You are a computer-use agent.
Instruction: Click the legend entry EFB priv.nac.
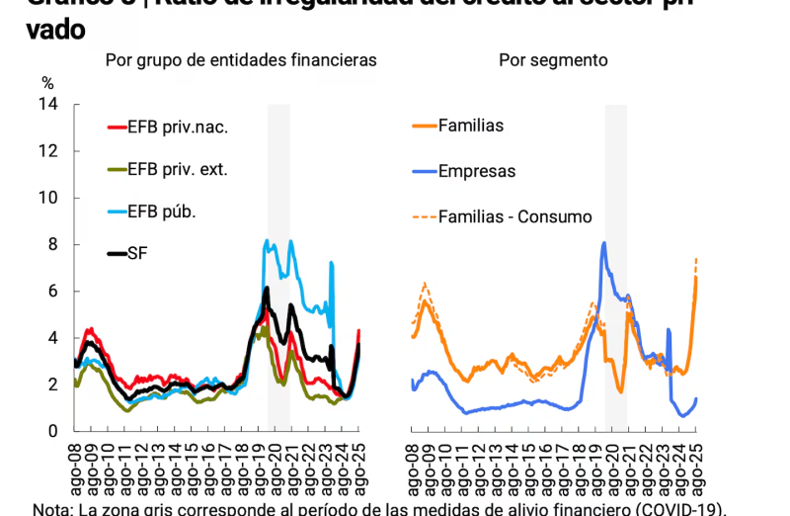click(x=178, y=127)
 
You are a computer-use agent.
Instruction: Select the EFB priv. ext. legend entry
click(x=178, y=169)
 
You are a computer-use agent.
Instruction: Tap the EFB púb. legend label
click(x=162, y=212)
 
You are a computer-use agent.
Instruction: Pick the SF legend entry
click(x=137, y=253)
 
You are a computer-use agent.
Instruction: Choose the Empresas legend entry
click(x=477, y=171)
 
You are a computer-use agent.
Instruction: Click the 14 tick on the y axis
click(x=48, y=104)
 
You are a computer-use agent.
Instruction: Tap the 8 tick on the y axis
click(x=52, y=244)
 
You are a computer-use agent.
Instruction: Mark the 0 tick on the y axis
click(x=52, y=431)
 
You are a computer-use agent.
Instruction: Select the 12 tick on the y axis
click(x=48, y=150)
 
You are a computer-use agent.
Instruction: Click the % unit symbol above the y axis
click(x=46, y=83)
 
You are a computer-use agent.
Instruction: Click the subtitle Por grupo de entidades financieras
click(x=241, y=60)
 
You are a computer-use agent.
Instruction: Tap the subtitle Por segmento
click(x=553, y=60)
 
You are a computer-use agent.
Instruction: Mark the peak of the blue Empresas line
click(x=603, y=242)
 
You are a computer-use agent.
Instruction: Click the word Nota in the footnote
click(x=51, y=509)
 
